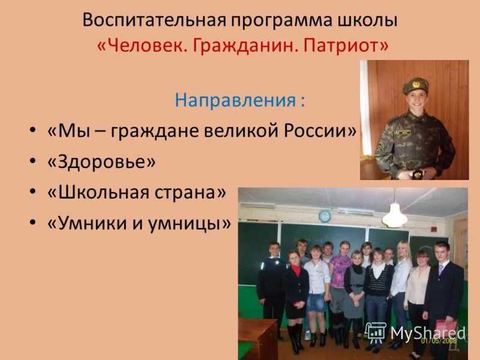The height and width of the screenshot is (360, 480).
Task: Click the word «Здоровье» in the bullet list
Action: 105,162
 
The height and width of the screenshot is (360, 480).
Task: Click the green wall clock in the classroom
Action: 325,215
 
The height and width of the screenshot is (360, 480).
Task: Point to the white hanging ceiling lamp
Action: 394,215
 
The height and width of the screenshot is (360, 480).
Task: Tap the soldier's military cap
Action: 415,85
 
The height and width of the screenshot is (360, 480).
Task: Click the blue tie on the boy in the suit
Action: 440,270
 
